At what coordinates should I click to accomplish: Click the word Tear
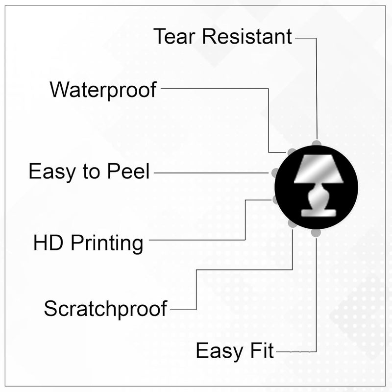click(174, 36)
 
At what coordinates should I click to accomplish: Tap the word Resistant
click(247, 36)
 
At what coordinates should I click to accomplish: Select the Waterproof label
click(103, 90)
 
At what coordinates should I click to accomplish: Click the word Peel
click(128, 171)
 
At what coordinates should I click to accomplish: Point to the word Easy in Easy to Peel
click(52, 172)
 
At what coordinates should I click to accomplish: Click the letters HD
click(48, 243)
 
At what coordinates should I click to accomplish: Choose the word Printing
click(107, 244)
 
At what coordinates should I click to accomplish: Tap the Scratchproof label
click(105, 309)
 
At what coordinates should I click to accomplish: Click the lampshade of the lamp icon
click(318, 168)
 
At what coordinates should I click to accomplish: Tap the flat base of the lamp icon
click(318, 213)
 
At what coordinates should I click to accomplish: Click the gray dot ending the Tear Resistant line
click(317, 144)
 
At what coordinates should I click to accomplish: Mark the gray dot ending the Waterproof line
click(292, 152)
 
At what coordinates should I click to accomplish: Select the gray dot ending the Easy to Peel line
click(275, 172)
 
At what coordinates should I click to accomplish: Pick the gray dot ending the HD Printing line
click(275, 200)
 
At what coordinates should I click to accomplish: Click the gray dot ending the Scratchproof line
click(292, 224)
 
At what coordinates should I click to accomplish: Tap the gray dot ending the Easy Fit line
click(316, 232)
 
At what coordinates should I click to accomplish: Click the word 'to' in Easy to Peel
click(91, 172)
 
